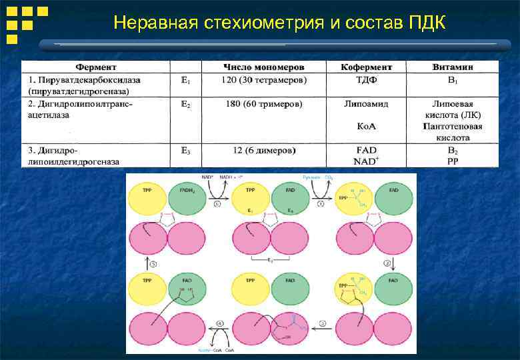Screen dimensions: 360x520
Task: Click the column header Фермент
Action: point(95,67)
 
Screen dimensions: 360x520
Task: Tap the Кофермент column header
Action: point(366,67)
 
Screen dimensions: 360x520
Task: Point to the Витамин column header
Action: point(453,67)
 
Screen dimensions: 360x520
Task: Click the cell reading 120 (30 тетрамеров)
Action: point(264,80)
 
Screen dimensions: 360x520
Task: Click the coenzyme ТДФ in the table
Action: point(366,80)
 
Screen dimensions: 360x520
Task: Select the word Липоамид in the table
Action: point(366,104)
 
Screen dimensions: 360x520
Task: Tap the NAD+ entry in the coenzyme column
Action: point(366,161)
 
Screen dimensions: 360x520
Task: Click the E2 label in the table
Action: point(186,104)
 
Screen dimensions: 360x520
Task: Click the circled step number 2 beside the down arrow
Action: point(388,263)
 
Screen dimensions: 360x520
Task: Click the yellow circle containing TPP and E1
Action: point(251,199)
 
